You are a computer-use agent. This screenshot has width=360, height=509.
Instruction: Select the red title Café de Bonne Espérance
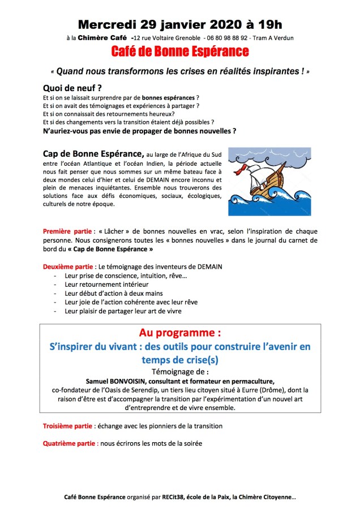pyautogui.click(x=180, y=52)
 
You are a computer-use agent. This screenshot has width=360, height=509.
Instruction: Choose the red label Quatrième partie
pyautogui.click(x=70, y=443)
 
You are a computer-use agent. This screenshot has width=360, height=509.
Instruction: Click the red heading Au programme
pyautogui.click(x=180, y=331)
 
